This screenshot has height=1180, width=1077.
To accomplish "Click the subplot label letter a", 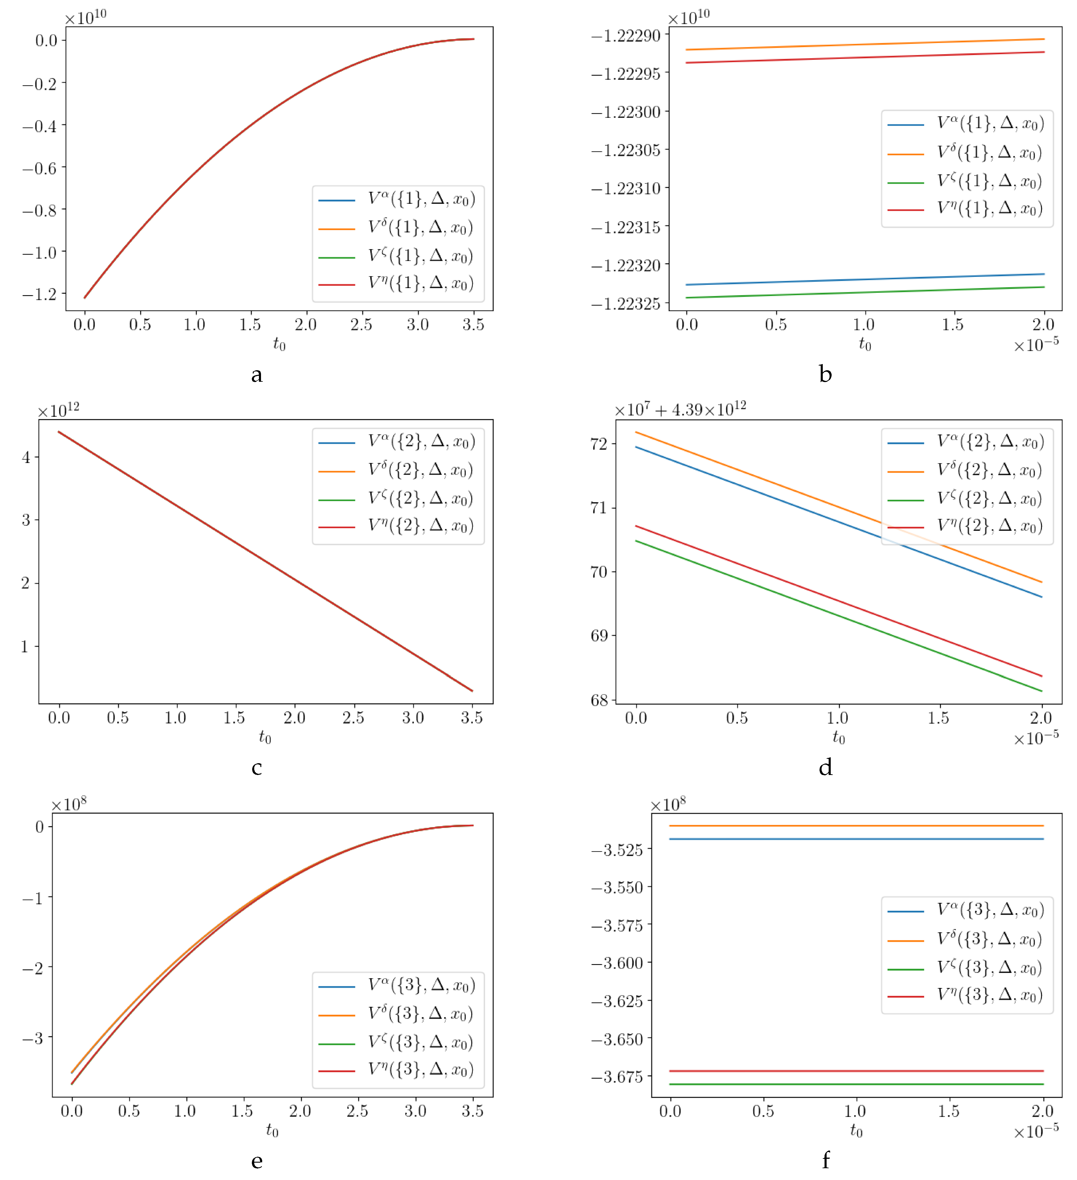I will pos(256,375).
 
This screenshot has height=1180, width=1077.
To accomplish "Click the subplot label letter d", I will pos(825,767).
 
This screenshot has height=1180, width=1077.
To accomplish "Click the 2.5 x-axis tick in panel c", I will pos(353,718).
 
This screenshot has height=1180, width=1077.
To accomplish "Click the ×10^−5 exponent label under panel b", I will pos(1036,345).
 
